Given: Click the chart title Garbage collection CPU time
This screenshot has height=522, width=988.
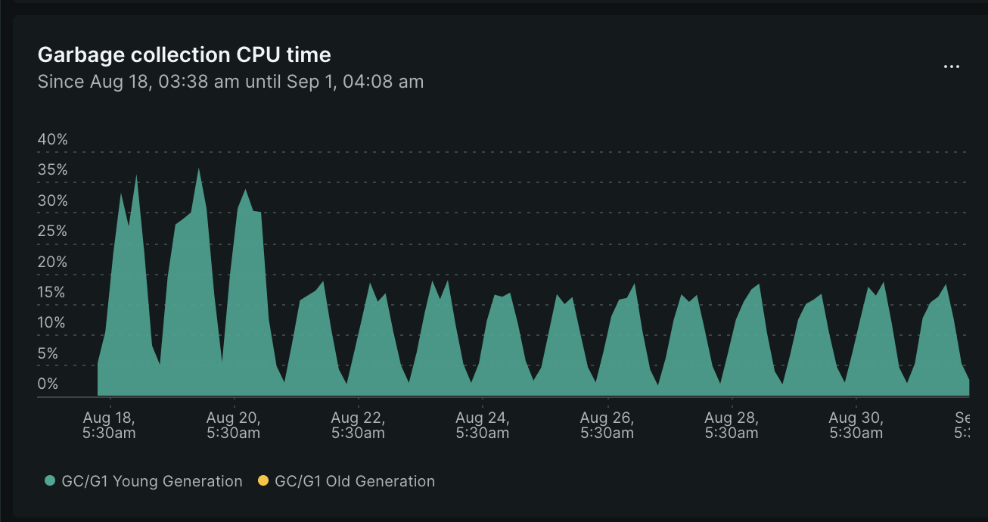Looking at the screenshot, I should [184, 55].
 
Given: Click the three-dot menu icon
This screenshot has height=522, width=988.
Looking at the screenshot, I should [951, 67].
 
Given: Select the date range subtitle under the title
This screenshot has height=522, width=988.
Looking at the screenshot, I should [231, 82].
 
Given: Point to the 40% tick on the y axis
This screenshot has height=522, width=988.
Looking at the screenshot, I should [53, 140].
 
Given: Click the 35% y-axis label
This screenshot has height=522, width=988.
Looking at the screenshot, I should [53, 170].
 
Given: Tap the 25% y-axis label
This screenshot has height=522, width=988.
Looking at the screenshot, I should [53, 231].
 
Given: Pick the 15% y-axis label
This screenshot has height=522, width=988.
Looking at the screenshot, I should [53, 293].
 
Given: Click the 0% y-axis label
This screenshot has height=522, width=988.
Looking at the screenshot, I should [48, 384].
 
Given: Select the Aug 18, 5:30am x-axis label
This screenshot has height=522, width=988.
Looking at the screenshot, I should [109, 425].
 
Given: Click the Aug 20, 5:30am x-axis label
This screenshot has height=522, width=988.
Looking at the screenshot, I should [233, 425].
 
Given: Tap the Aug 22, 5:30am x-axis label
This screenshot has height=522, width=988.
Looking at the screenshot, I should [358, 425].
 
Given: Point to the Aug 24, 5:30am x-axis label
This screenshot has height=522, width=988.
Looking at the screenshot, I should [482, 425].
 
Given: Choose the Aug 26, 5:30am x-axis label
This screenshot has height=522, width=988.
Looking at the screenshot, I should [607, 425].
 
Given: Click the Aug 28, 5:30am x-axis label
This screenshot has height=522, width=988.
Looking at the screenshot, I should [731, 425].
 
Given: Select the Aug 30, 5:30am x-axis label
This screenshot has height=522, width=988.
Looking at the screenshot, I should [855, 425].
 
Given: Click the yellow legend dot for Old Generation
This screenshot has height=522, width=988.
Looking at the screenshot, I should [263, 481].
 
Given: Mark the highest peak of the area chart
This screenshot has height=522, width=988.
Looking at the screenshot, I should [198, 169].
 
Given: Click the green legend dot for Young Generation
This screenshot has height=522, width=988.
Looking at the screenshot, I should [51, 481].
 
